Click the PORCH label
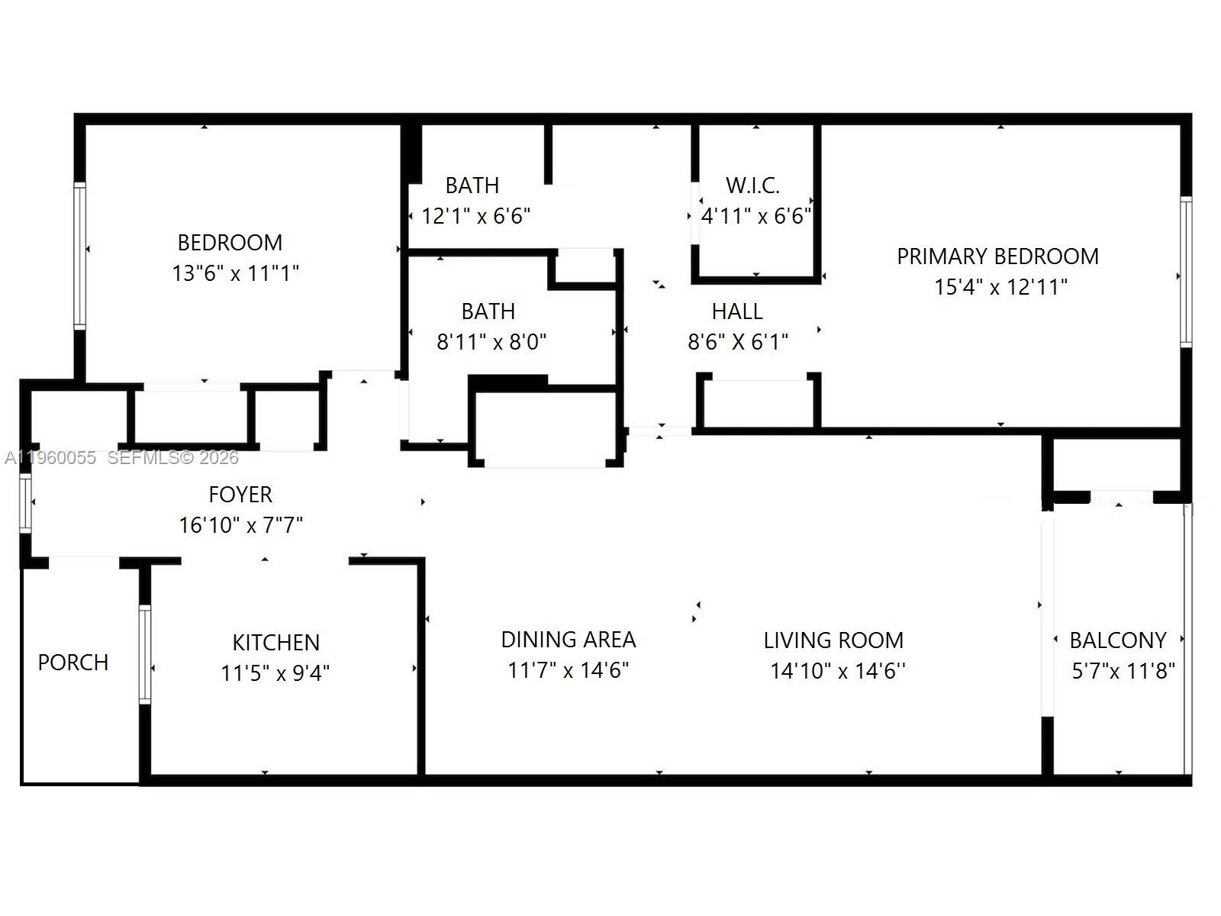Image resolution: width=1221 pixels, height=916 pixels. click(x=73, y=662)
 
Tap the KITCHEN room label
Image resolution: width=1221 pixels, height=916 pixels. click(x=275, y=642)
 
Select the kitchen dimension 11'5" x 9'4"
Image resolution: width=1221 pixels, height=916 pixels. click(x=275, y=672)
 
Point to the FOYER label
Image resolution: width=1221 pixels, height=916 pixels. click(x=240, y=495)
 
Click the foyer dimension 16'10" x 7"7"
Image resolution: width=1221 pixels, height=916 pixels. click(x=240, y=525)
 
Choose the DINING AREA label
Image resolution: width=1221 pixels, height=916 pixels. click(x=569, y=640)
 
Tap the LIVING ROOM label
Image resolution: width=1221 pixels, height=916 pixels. click(x=833, y=640)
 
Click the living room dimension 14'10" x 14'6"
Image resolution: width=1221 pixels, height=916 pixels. click(x=837, y=671)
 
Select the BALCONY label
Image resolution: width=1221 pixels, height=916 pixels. click(x=1118, y=640)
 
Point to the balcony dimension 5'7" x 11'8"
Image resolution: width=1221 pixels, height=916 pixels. click(x=1123, y=671)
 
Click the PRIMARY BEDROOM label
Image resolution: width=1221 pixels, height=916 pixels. click(x=997, y=256)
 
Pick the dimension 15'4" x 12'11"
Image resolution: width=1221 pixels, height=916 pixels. click(x=1000, y=287)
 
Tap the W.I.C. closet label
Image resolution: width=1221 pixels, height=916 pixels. click(x=752, y=185)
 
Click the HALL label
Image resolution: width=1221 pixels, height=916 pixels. click(x=737, y=311)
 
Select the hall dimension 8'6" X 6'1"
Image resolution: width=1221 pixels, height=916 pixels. click(x=737, y=342)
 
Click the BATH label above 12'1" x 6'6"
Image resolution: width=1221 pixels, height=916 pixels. click(x=472, y=185)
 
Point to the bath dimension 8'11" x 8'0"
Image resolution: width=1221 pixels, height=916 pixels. click(x=491, y=342)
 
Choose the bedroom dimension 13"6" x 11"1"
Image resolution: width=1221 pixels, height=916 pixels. click(x=235, y=273)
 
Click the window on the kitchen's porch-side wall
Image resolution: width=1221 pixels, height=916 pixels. click(x=144, y=654)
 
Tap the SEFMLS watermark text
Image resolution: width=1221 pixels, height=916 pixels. click(x=172, y=458)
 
